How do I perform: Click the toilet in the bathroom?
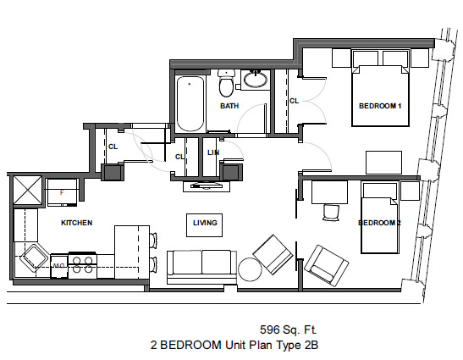[226, 83]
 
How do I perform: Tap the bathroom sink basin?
[256, 79]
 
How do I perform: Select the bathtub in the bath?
[190, 103]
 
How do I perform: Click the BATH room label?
[229, 106]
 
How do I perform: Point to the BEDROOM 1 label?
[380, 106]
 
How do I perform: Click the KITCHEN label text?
[77, 223]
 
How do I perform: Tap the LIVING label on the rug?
[205, 223]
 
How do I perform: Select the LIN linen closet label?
[213, 152]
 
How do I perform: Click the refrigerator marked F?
[62, 192]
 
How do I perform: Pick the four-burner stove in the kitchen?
[83, 265]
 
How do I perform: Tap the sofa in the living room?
[202, 266]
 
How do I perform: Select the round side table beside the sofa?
[250, 269]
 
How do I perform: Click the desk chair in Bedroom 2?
[331, 213]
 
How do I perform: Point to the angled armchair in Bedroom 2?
[326, 266]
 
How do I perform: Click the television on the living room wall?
[207, 186]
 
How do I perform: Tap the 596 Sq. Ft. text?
[288, 330]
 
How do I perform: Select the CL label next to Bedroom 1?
[294, 101]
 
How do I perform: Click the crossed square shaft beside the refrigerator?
[27, 191]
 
